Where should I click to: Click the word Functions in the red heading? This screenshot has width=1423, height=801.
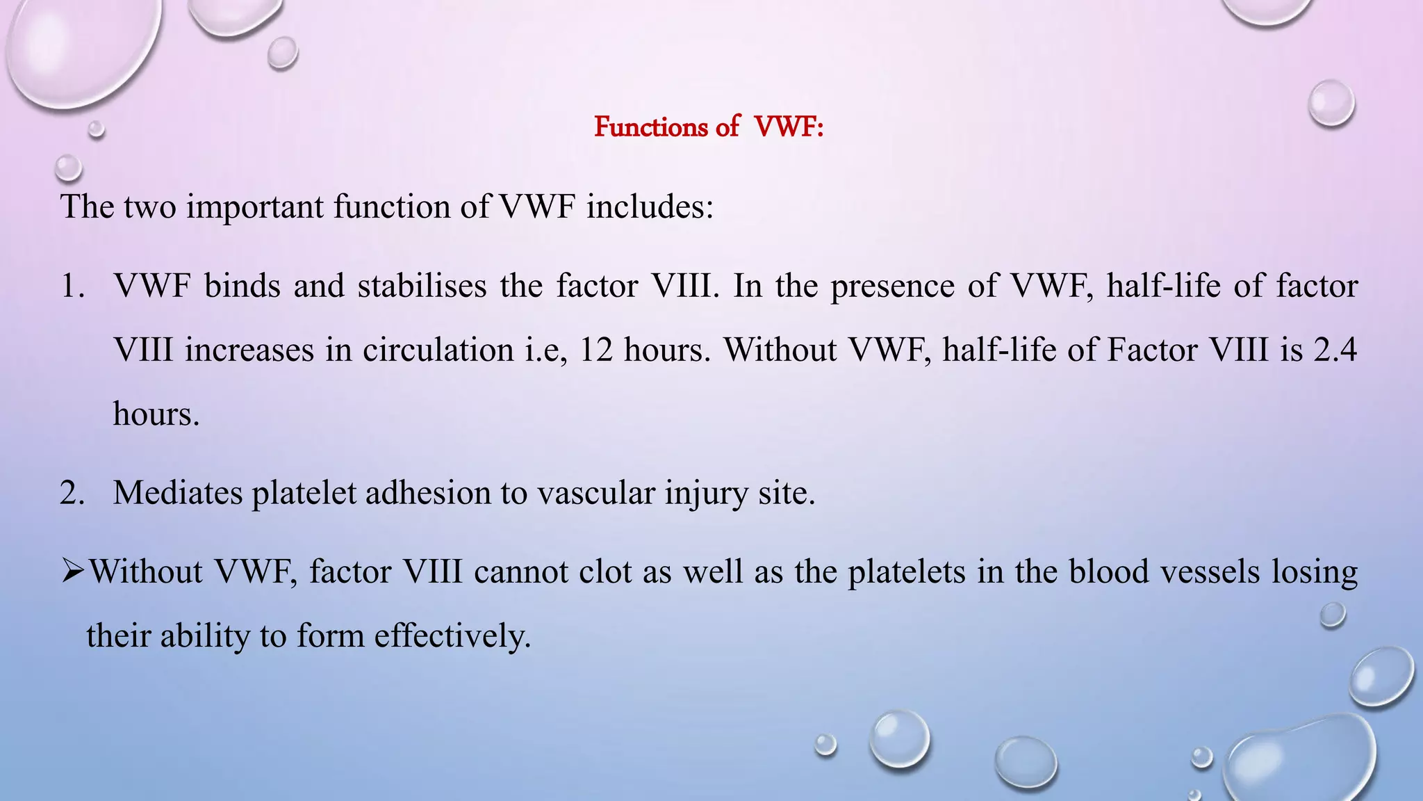[651, 127]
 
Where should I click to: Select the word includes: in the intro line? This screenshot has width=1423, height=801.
[650, 207]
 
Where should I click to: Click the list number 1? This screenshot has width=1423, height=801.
[72, 286]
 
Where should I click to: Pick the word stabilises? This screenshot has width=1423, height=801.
[422, 286]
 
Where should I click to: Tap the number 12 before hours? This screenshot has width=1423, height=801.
[596, 350]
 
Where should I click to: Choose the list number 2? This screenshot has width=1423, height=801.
[72, 493]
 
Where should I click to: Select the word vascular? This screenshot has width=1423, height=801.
[595, 493]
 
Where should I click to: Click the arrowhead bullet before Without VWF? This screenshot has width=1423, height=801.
[72, 572]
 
